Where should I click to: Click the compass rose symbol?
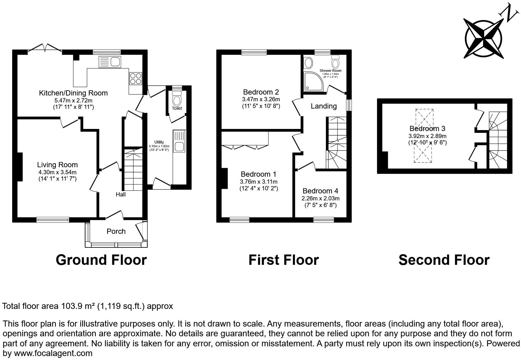[x=484, y=39]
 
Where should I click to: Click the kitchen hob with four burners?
[x=136, y=78]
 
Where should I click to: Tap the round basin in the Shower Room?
[x=308, y=63]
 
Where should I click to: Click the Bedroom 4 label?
[x=320, y=191]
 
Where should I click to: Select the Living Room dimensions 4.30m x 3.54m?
[x=57, y=172]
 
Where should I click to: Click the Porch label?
[x=116, y=231]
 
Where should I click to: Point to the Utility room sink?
[x=180, y=147]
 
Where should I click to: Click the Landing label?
[x=323, y=106]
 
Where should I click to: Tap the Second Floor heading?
[x=444, y=260]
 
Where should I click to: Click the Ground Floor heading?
[x=101, y=260]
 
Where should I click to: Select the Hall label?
[x=121, y=194]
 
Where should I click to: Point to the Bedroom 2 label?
[x=261, y=92]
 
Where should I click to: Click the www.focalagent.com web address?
[x=53, y=353]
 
